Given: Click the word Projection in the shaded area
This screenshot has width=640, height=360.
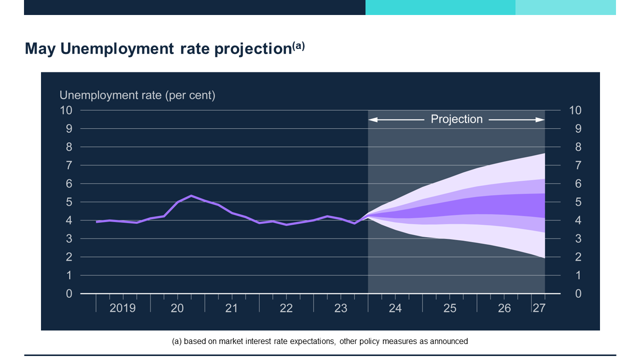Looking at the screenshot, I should click(x=456, y=119).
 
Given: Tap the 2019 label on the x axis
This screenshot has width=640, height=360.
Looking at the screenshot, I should click(x=122, y=308).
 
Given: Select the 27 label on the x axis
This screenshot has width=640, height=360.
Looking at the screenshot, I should click(x=538, y=308).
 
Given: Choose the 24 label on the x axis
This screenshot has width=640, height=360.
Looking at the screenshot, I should click(x=395, y=308).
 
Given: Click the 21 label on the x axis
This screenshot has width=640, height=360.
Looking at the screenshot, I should click(x=231, y=308).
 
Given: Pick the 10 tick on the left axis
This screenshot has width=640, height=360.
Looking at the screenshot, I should click(x=66, y=110).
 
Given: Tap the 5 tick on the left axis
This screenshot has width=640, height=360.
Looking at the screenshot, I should click(x=69, y=202).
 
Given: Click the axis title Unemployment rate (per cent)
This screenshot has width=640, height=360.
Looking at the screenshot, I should click(x=137, y=95).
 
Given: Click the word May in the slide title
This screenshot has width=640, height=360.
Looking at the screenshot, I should click(x=40, y=49).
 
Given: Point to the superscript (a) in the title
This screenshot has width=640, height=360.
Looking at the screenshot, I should click(x=298, y=46).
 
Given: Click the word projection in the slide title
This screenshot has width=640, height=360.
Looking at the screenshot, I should click(x=253, y=49).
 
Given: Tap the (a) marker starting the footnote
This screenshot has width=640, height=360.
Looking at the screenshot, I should click(x=176, y=341).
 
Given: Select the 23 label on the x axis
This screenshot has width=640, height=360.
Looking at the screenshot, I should click(x=340, y=308).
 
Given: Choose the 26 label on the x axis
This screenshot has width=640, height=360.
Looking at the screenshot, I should click(x=504, y=308).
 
